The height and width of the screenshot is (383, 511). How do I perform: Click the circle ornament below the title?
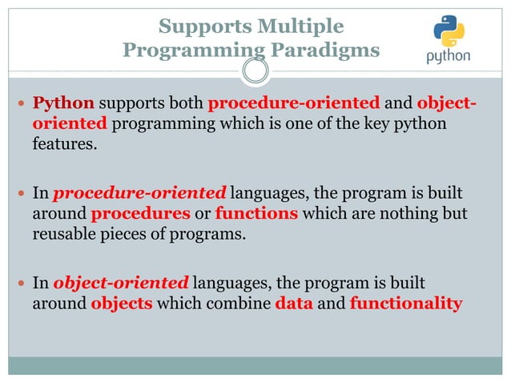click(255, 73)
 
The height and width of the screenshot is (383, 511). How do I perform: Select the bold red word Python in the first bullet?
click(63, 104)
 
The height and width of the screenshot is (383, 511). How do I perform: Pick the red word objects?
click(121, 304)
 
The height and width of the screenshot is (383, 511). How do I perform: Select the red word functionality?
click(406, 304)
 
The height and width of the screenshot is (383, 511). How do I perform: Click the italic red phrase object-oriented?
click(121, 284)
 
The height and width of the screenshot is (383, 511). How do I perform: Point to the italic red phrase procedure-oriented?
click(140, 193)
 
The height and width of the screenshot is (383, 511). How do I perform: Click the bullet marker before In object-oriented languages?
click(22, 284)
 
